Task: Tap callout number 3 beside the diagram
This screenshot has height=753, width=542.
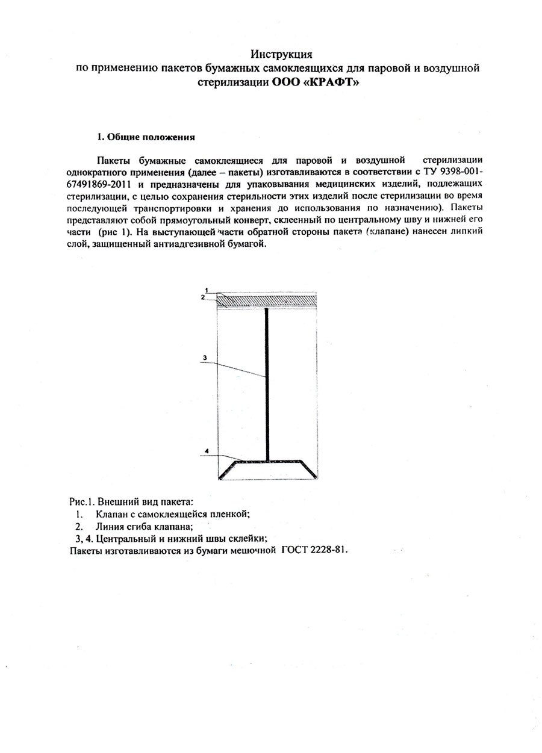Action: click(205, 358)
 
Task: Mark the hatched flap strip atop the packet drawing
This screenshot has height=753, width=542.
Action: click(268, 300)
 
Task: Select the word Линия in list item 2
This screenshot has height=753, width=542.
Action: click(108, 527)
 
